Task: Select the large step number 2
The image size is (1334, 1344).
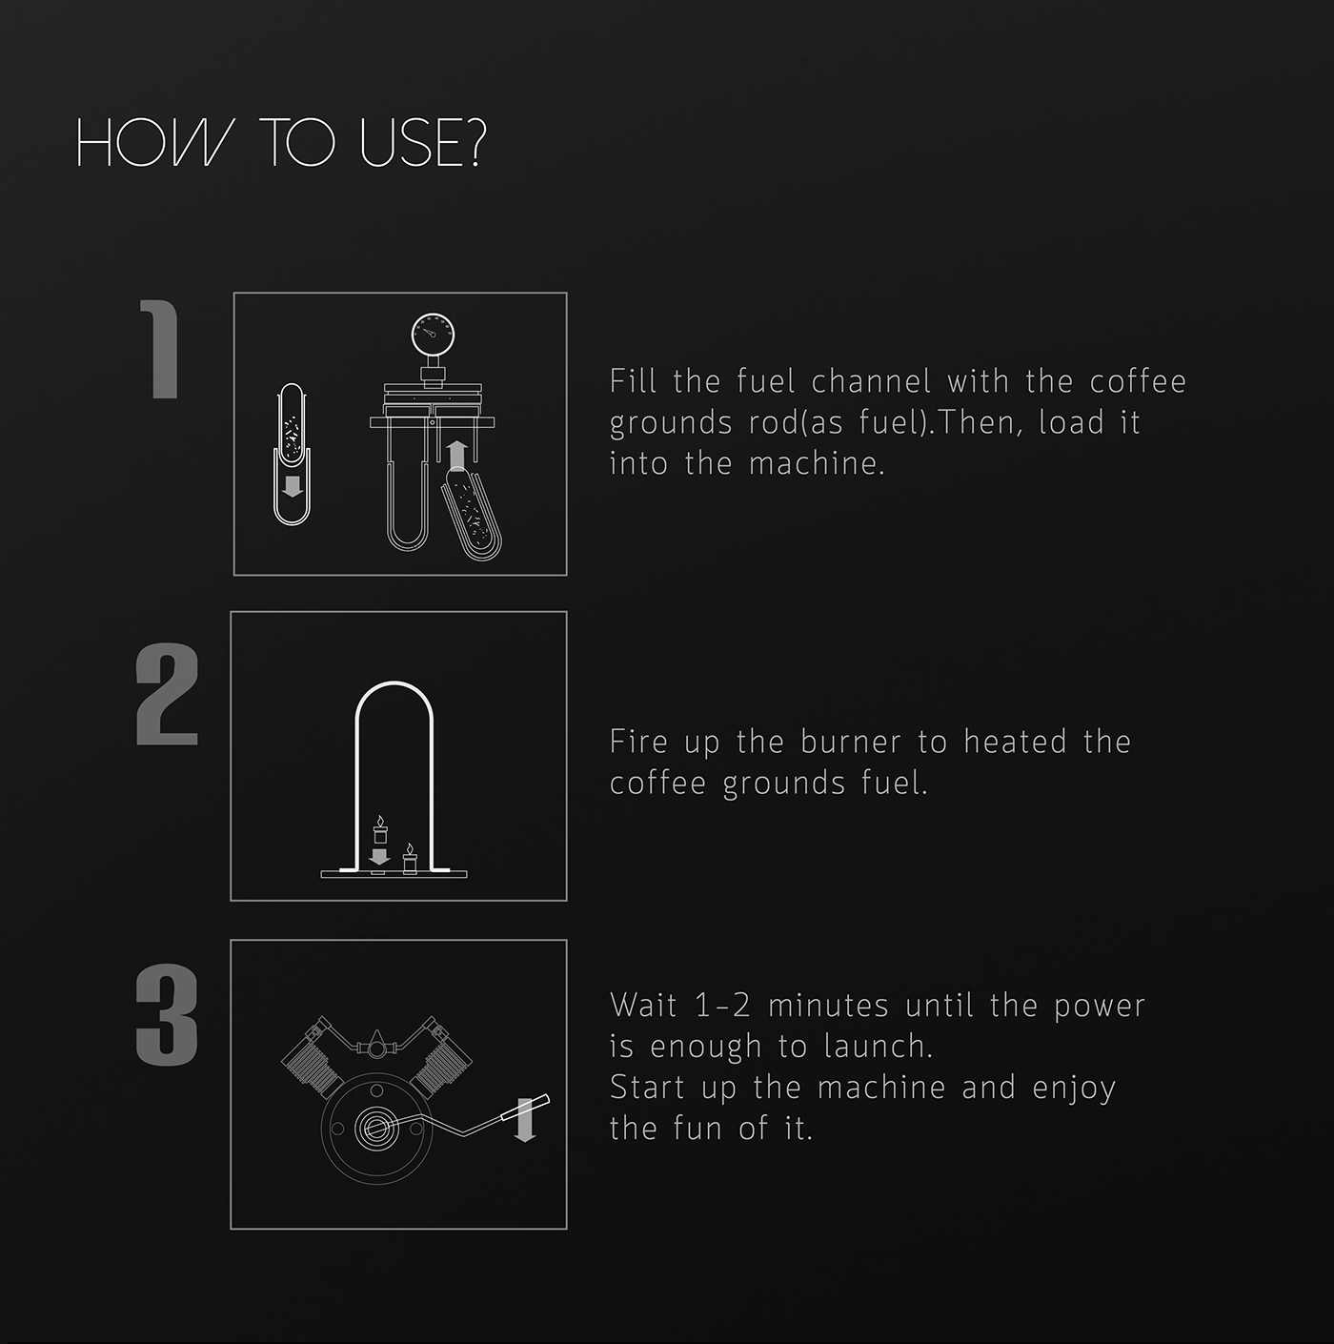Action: click(167, 694)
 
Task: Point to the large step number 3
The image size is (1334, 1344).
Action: click(167, 1015)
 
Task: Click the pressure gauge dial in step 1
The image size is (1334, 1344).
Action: click(433, 335)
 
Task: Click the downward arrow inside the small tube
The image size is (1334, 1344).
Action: click(293, 486)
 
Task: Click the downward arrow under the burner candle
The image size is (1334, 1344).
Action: click(378, 857)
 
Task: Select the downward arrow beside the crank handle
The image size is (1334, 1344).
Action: click(524, 1121)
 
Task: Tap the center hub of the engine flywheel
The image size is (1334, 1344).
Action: click(376, 1128)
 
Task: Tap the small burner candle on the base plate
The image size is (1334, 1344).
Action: click(410, 858)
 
